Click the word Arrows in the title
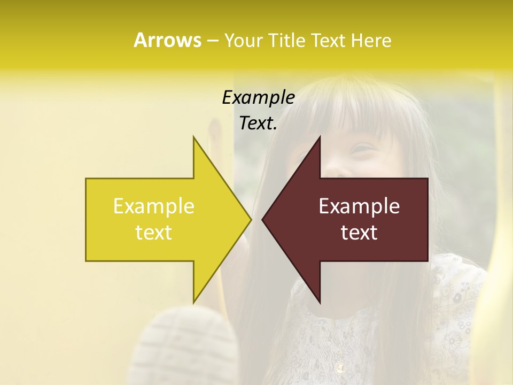[167, 40]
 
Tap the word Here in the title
[371, 40]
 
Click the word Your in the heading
[243, 41]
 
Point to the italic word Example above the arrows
[258, 97]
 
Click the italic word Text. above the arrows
[258, 123]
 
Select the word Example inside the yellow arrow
[154, 206]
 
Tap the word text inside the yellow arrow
[154, 233]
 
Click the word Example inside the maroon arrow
[359, 206]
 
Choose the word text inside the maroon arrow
[359, 233]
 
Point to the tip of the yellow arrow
[251, 219]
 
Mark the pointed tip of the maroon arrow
[262, 219]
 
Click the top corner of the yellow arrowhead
[193, 137]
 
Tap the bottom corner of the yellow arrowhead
[193, 302]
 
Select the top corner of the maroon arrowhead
[320, 137]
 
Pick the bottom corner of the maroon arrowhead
[320, 302]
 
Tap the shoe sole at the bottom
[187, 342]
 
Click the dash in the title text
[212, 41]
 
